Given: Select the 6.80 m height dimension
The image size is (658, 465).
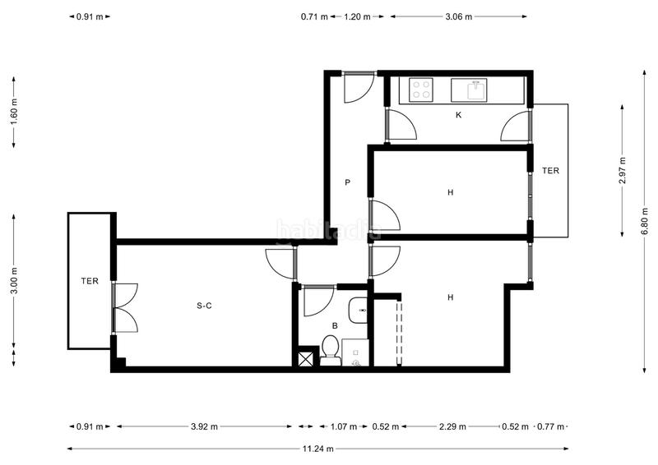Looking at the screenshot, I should (645, 220).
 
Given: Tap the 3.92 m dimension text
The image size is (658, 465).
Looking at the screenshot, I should (204, 426).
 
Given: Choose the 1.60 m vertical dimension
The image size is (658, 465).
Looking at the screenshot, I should (13, 113).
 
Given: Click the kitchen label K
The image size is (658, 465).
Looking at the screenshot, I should (458, 115).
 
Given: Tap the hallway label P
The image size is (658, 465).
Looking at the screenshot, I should (348, 183).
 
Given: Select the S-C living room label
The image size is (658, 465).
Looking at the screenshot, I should (205, 306).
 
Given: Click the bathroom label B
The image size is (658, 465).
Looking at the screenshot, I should (335, 325).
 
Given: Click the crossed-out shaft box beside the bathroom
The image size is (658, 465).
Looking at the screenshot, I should (306, 358).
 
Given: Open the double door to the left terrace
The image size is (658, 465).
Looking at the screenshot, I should (124, 307).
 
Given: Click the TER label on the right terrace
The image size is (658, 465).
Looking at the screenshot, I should (550, 171).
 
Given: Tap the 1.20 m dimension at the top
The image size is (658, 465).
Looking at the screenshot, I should (356, 16).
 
